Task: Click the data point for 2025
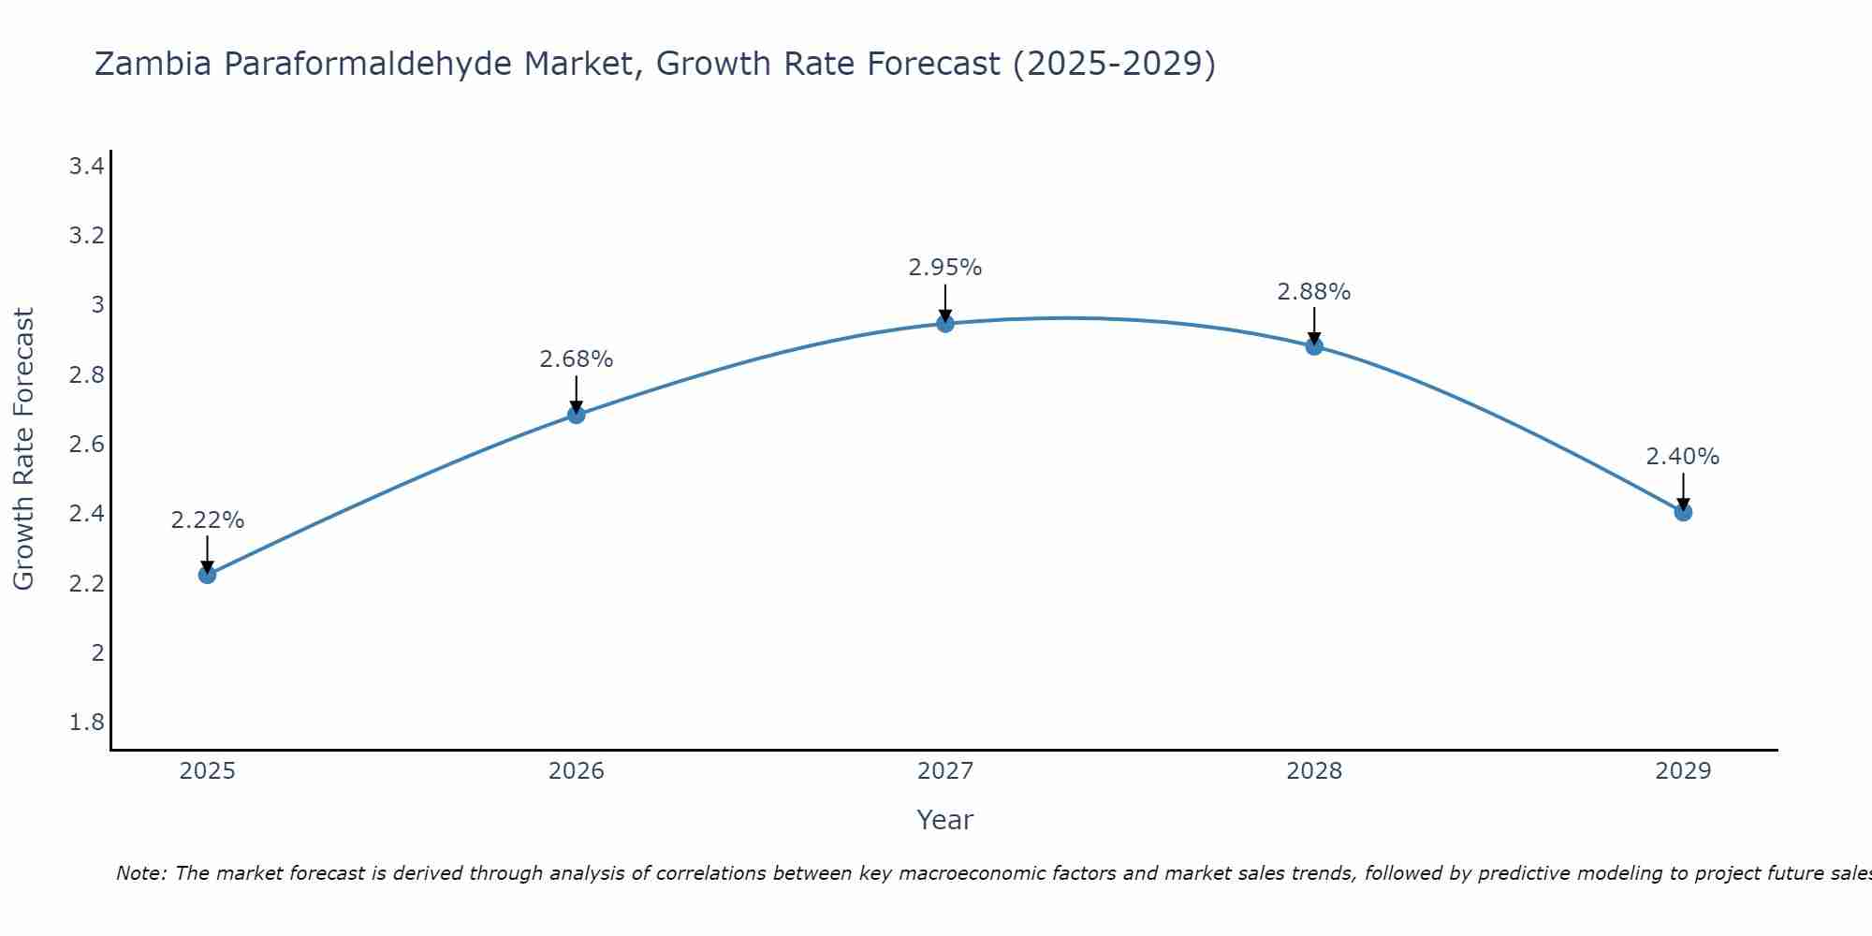click(x=208, y=575)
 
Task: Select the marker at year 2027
click(x=945, y=324)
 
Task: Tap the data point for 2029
click(x=1683, y=512)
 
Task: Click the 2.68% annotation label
click(x=577, y=359)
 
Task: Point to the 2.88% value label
click(x=1314, y=292)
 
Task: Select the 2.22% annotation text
click(x=208, y=520)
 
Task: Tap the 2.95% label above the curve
click(x=945, y=268)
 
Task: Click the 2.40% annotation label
click(x=1683, y=457)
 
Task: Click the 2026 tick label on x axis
click(x=577, y=771)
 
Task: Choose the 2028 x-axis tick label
click(x=1314, y=771)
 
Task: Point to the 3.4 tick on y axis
click(x=86, y=167)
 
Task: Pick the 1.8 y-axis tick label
click(x=86, y=723)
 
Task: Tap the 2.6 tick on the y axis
click(x=86, y=445)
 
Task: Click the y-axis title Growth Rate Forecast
click(x=24, y=449)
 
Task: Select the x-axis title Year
click(x=945, y=820)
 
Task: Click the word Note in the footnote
click(x=140, y=873)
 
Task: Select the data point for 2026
click(x=577, y=415)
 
